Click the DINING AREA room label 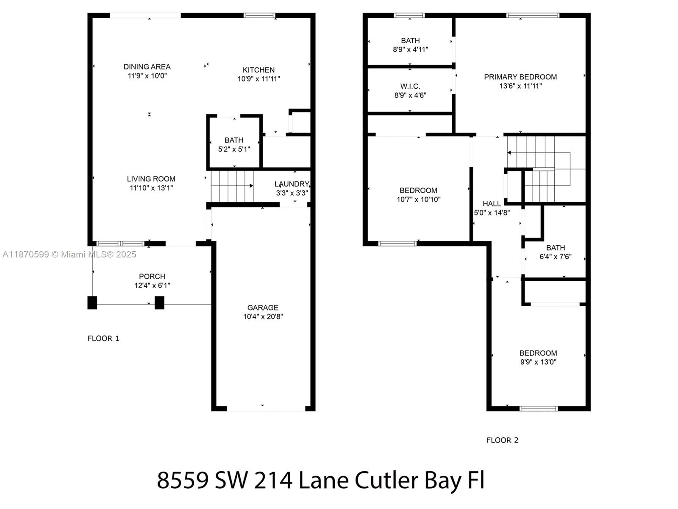tap(147, 67)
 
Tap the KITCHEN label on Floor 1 tap(258, 70)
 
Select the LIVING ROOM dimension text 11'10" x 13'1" tap(151, 188)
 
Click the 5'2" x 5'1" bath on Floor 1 tap(234, 145)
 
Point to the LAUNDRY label tap(292, 184)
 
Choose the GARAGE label tap(263, 308)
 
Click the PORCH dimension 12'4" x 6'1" tap(152, 285)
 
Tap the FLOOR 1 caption tap(103, 338)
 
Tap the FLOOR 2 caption tap(502, 440)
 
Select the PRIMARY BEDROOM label tap(520, 77)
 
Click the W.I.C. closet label tap(410, 86)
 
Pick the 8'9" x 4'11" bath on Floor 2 tap(410, 45)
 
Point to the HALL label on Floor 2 tap(492, 204)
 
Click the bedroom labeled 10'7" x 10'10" tap(419, 195)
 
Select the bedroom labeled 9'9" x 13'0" tap(538, 358)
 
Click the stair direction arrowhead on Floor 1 tap(251, 186)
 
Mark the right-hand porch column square tap(159, 302)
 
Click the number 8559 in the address tap(183, 481)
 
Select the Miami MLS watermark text tap(69, 255)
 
